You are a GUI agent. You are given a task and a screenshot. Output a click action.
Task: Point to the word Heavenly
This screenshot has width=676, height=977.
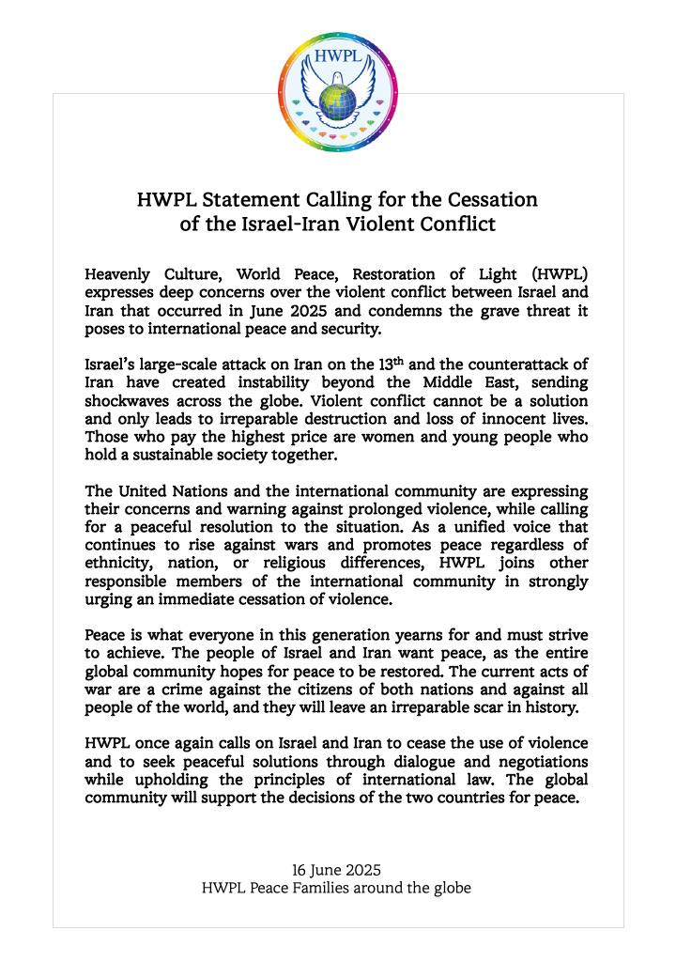[x=118, y=275]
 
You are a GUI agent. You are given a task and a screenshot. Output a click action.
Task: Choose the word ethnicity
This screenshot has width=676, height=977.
[x=121, y=564]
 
